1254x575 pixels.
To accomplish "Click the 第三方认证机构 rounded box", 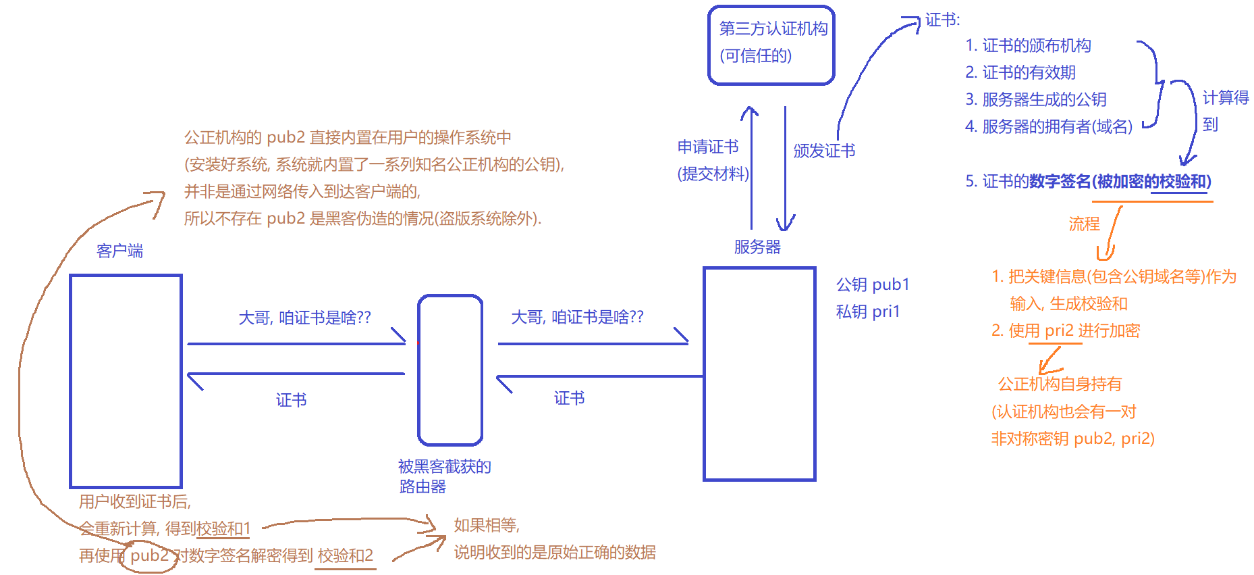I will (x=771, y=45).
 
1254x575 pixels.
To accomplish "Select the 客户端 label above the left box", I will (x=119, y=251).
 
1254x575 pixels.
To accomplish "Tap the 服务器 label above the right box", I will (x=757, y=247).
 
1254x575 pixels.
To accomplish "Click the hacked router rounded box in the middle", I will (x=450, y=370).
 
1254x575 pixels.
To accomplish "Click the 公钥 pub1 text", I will (x=873, y=284).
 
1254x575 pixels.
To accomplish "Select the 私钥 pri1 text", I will (x=868, y=311).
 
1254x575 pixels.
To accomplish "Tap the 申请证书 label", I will (x=707, y=147).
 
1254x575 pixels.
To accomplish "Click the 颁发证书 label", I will (x=824, y=151).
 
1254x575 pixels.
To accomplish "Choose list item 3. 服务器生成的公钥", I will (x=1035, y=99).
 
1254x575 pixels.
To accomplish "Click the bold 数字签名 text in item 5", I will (x=1060, y=181).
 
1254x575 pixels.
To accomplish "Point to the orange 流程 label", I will (x=1084, y=224).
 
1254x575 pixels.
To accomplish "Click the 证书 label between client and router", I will (x=291, y=400).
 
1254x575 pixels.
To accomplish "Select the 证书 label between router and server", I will (x=569, y=398).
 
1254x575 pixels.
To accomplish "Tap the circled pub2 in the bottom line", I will (x=149, y=555).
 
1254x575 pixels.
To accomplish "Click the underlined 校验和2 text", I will (x=345, y=555).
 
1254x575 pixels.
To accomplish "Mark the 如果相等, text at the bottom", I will (x=486, y=525).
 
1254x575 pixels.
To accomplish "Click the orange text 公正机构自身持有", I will (x=1059, y=384).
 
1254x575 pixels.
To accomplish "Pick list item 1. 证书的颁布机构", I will (x=1028, y=45).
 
